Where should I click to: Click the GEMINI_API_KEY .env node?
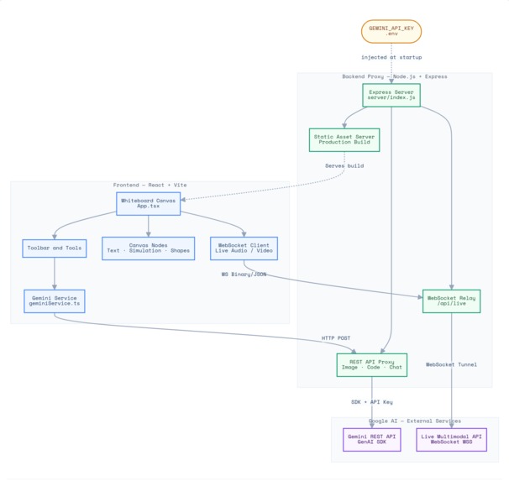coord(391,31)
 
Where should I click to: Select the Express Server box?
coord(391,95)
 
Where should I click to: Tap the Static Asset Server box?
coord(344,139)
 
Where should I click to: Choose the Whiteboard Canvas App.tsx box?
coord(149,204)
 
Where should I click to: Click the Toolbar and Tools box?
coord(55,248)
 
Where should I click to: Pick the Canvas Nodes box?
coord(149,248)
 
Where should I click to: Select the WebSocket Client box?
coord(243,248)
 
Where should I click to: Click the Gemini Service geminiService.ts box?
coord(55,301)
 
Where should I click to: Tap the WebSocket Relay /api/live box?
coord(451,301)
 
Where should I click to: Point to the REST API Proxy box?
coord(371,364)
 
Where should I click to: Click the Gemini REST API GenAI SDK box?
coord(372,440)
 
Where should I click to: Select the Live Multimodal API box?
coord(451,440)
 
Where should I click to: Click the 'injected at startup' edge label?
coord(391,57)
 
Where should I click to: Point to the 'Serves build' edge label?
coord(344,165)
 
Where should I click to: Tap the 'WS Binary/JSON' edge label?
coord(244,274)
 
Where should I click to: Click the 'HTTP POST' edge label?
coord(336,338)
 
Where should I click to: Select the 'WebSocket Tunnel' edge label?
coord(451,364)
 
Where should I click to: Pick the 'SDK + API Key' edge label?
coord(372,402)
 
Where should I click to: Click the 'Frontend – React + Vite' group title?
coord(149,185)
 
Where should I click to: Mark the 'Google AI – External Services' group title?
coord(414,421)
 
